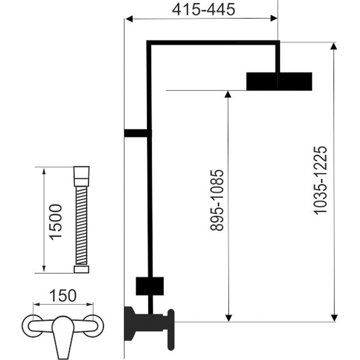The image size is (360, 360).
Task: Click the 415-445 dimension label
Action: tap(204, 10)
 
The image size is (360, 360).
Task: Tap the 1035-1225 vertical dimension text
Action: tap(320, 180)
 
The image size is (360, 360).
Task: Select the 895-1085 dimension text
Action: tap(217, 200)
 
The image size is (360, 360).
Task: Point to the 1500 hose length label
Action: tap(56, 222)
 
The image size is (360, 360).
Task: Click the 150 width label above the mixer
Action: tap(63, 296)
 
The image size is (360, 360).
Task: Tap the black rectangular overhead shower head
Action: tap(279, 81)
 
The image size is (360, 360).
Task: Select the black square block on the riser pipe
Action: tap(150, 286)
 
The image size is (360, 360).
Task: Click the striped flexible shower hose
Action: tap(81, 226)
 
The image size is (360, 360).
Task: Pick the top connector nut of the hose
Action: tap(82, 176)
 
